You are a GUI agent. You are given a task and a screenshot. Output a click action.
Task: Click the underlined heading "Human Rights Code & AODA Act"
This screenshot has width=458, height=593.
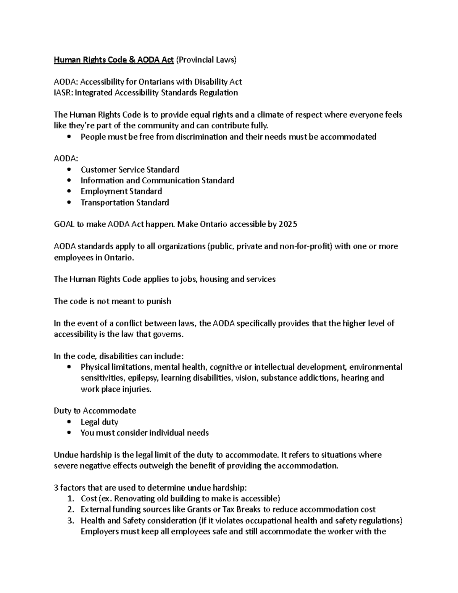coord(114,60)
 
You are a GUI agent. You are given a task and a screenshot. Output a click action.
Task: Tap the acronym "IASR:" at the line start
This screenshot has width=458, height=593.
coord(63,93)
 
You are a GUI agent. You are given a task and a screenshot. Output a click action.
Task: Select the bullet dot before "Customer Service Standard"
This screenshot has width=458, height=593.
coord(69,170)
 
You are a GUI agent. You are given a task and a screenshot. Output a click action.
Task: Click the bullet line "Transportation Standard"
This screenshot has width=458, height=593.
coord(124,202)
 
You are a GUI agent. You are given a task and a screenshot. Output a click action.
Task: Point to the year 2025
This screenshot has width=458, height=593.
coord(288,225)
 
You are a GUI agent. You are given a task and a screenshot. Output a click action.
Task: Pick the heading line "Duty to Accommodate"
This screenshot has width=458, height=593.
coord(95,411)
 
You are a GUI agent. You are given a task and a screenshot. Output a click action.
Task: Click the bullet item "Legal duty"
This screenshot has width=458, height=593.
coord(99,422)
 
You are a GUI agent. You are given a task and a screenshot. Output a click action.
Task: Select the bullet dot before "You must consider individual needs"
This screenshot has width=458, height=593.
coord(69,433)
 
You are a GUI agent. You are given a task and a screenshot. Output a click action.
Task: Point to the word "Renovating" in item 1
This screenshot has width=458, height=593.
coord(134,499)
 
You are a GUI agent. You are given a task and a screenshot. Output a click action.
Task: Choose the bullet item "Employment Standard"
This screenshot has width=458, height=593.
coord(121,191)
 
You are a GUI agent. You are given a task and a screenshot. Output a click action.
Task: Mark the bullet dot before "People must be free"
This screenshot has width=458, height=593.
coord(69,137)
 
